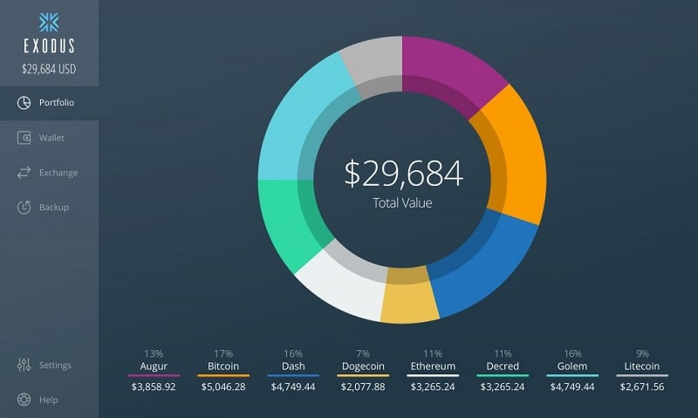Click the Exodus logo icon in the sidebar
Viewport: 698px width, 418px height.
click(x=49, y=22)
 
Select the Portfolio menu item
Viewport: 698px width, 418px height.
click(x=56, y=103)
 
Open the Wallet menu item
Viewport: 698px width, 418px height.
click(x=51, y=138)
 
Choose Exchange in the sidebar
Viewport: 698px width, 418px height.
click(x=58, y=173)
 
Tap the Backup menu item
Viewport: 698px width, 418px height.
click(x=53, y=208)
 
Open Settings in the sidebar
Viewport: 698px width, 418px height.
click(x=55, y=365)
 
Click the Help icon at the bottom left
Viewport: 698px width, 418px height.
click(x=24, y=400)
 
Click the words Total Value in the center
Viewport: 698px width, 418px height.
click(x=402, y=202)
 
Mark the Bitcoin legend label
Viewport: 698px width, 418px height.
click(x=223, y=367)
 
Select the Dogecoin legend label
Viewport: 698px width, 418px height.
click(x=363, y=367)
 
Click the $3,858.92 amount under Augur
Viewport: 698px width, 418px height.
click(x=154, y=387)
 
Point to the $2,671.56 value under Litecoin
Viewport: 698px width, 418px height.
click(x=642, y=387)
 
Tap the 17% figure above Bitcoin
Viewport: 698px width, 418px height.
click(x=223, y=353)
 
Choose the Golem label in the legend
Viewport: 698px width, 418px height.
click(x=572, y=367)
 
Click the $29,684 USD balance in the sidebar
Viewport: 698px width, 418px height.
click(x=49, y=68)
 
